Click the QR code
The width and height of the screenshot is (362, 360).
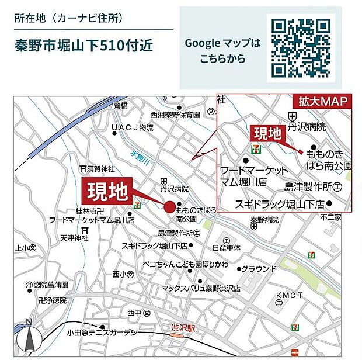(x=301, y=48)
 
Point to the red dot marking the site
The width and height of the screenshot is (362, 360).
(x=169, y=207)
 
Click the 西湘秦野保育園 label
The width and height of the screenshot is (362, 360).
(x=175, y=115)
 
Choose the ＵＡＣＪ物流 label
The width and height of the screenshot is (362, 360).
(x=134, y=127)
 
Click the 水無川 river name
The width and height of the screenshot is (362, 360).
(x=140, y=158)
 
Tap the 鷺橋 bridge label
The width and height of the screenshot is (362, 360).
(x=120, y=106)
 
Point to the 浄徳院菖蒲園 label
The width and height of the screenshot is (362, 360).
(x=47, y=285)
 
